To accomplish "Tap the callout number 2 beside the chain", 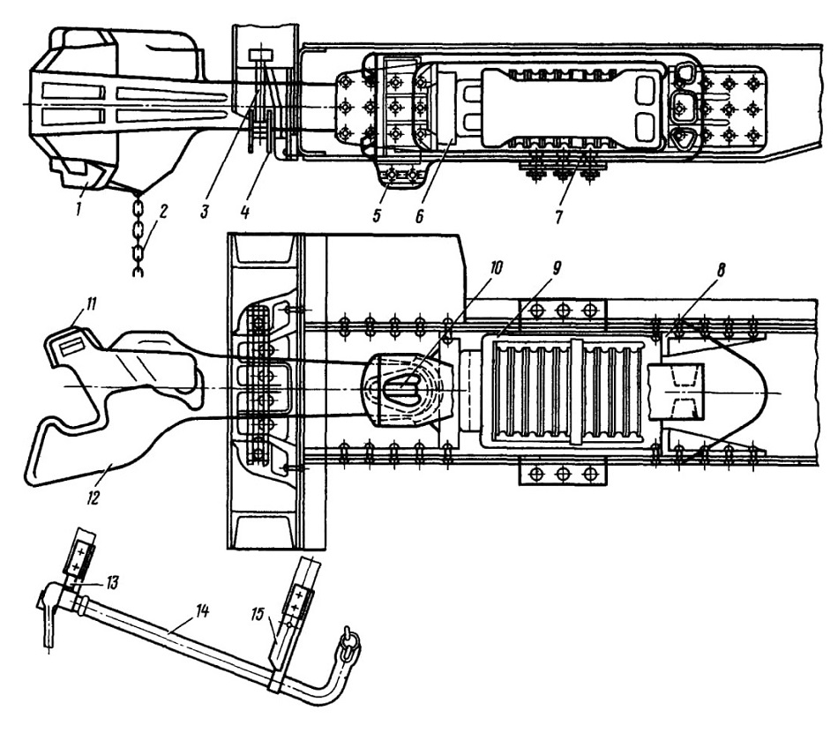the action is (x=162, y=211).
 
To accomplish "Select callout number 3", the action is (x=204, y=212).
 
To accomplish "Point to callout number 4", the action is (x=244, y=213).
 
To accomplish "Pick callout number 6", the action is (x=419, y=215).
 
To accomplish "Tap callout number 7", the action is (x=558, y=216).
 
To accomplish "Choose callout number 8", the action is (x=721, y=270).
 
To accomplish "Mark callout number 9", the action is (x=556, y=268).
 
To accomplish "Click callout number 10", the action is (x=496, y=267).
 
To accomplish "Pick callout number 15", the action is (x=257, y=615).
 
